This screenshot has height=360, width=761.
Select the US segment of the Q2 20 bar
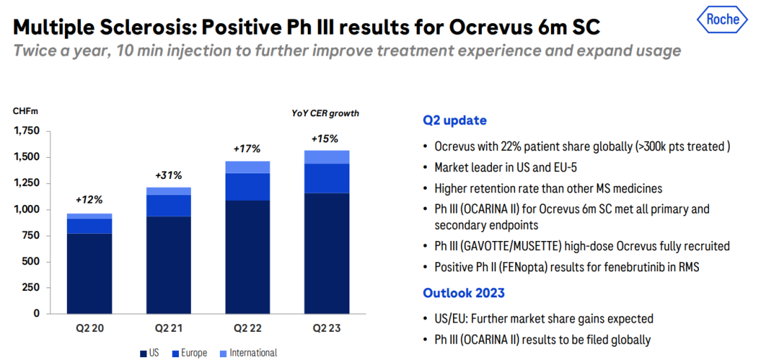[89, 273]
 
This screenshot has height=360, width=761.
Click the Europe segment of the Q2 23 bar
[327, 178]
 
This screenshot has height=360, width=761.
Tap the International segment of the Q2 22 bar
[248, 167]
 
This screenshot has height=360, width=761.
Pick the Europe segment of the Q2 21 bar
[168, 206]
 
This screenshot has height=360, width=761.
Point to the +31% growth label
[168, 175]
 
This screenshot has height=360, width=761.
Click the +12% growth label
[89, 200]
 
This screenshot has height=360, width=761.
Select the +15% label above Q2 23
[325, 139]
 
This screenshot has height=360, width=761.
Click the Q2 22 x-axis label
[248, 328]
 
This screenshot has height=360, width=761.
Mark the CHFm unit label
[25, 111]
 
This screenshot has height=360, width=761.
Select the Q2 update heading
[454, 120]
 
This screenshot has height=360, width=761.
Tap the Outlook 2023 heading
[464, 293]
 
